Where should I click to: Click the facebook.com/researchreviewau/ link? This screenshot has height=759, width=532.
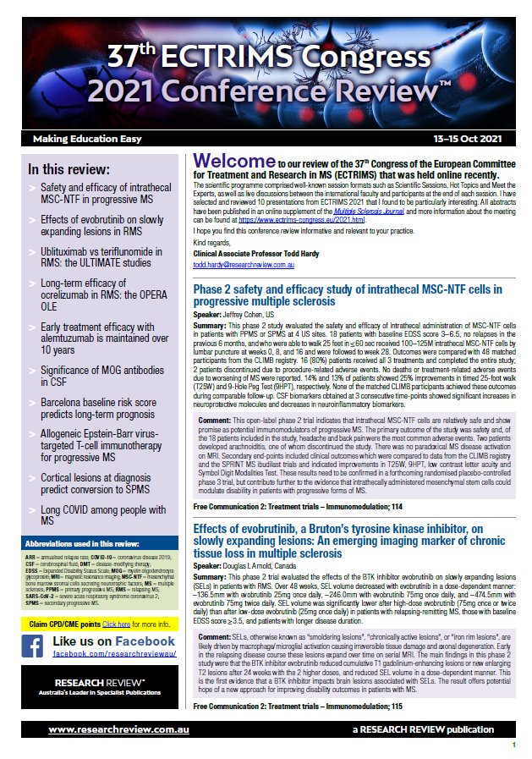pos(113,630)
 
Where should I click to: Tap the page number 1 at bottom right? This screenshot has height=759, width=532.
pos(513,745)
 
